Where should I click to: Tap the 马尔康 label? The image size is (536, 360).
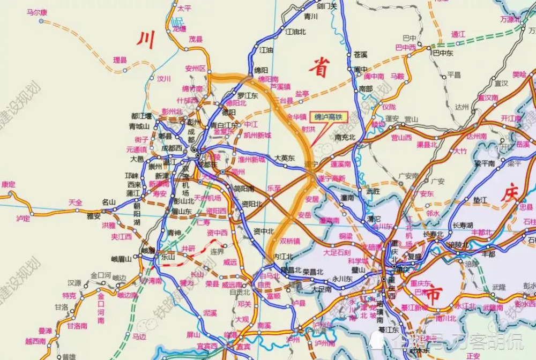point(37,12)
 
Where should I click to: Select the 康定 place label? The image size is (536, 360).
point(8,184)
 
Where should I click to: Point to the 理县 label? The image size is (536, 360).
point(120,59)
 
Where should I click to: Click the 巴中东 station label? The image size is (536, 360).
point(443,53)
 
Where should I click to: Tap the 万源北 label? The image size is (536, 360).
point(510,19)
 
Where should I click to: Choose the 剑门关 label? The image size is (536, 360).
point(326,6)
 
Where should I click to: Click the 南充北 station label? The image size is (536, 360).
point(345,137)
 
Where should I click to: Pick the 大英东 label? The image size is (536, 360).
point(285,158)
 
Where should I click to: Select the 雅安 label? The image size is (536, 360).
point(94,216)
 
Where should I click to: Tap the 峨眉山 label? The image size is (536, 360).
point(121,259)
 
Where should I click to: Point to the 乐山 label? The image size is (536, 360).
point(168,257)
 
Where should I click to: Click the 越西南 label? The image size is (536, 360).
point(36,341)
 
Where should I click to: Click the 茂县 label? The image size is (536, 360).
point(195,39)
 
